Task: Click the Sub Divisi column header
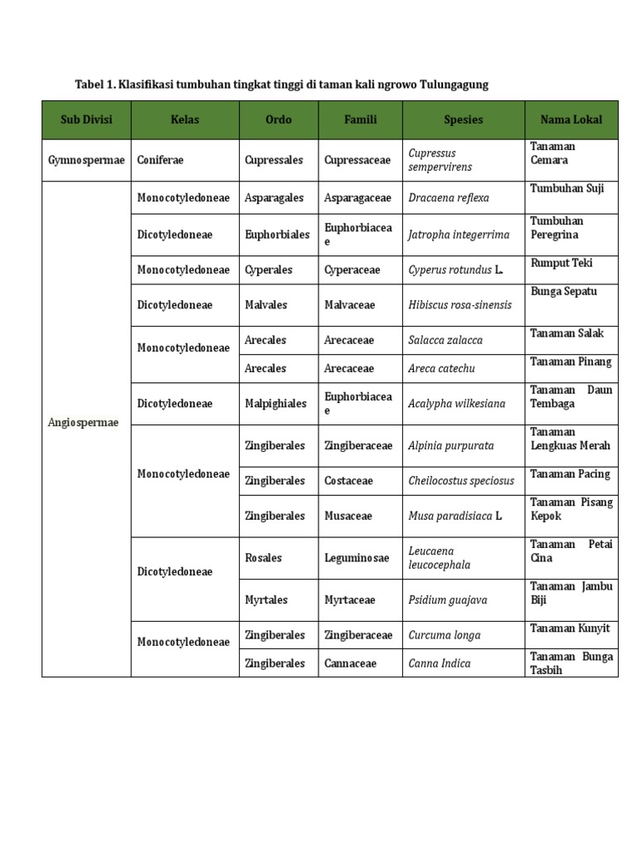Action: click(86, 119)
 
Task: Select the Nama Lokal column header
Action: click(571, 119)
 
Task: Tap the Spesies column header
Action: click(463, 119)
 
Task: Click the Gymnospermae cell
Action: click(85, 160)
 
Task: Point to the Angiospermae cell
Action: click(83, 422)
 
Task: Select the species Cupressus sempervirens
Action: click(440, 160)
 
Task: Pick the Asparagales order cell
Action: click(275, 198)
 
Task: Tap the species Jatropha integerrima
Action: click(459, 235)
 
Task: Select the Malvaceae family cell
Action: click(350, 305)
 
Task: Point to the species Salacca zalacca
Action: click(445, 340)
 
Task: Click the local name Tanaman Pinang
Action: click(571, 361)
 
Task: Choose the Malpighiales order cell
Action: click(276, 404)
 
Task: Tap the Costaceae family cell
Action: click(349, 481)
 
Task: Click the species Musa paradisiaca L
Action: click(455, 516)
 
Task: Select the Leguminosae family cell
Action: click(357, 558)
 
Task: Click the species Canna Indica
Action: click(440, 663)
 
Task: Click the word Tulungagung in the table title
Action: click(453, 85)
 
